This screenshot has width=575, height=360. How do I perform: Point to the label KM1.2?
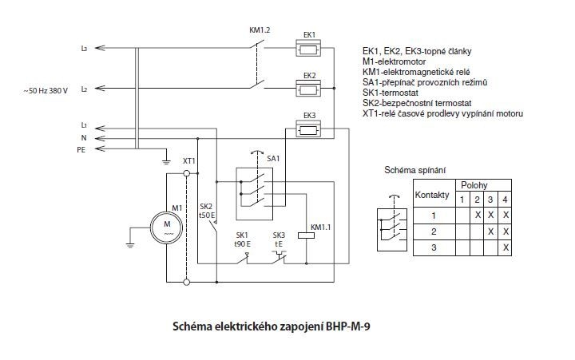tap(260, 30)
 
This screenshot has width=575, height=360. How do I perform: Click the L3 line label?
tap(84, 49)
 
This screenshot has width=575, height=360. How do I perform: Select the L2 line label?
tap(84, 89)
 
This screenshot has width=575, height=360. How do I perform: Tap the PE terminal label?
tap(81, 149)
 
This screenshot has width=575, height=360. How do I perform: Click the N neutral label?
tap(83, 138)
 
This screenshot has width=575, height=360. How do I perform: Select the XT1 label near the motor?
tap(189, 161)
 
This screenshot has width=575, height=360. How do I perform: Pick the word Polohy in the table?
tap(481, 184)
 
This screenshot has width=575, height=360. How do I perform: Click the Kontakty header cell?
tap(433, 194)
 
